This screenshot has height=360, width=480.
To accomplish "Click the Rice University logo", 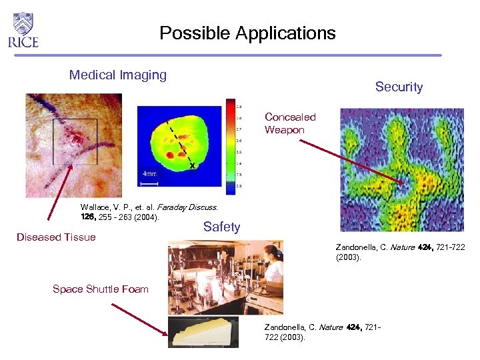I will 23,30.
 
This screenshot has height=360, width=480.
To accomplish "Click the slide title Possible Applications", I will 247,33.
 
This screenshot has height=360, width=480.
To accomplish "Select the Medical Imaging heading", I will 118,75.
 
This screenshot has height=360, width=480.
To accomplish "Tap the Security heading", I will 399,87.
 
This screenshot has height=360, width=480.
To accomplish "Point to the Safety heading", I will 221,227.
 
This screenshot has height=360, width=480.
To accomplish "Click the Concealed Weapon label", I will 290,123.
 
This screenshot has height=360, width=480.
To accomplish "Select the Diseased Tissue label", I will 57,237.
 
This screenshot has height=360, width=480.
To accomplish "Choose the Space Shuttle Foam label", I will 100,289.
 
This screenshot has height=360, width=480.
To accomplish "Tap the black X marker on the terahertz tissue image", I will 192,165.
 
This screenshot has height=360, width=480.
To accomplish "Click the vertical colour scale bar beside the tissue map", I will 230,147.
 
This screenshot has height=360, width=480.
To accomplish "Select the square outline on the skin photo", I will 75,142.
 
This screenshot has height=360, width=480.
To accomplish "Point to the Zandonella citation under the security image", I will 400,252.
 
